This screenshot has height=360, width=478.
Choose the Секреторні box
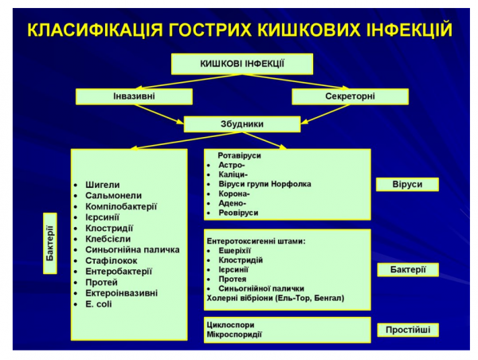coord(350,96)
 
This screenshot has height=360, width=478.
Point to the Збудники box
coord(242,124)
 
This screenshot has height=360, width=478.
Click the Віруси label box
coord(408,185)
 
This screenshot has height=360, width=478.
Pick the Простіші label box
coord(408,328)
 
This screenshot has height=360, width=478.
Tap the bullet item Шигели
coord(103,184)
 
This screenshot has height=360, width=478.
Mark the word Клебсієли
coord(108,238)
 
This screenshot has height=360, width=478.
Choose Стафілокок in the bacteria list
coord(111,260)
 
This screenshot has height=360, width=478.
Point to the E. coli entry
coord(100,303)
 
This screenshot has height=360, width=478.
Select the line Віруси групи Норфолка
coord(264,184)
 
